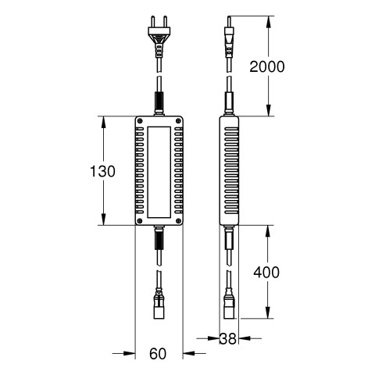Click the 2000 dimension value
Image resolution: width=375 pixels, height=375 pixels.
point(267,66)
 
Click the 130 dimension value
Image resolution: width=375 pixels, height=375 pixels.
point(102,171)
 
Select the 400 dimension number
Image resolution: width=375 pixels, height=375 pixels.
point(266,272)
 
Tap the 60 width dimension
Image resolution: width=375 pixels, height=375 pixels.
point(158,354)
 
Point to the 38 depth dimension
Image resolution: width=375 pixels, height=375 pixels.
point(228,339)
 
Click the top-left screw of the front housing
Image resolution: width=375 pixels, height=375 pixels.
point(140,120)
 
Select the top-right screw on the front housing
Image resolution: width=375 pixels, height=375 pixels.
point(178,120)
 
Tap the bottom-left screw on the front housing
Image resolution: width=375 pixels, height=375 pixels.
point(140,221)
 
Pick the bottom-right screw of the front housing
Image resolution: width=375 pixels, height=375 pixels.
point(178,221)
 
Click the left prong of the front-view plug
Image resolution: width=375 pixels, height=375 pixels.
point(153,22)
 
